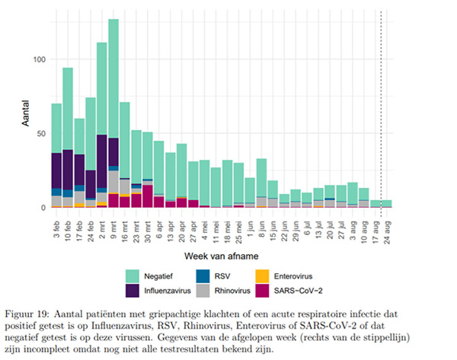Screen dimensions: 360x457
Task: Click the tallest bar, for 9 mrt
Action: [113, 114]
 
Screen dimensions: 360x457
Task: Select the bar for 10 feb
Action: [68, 137]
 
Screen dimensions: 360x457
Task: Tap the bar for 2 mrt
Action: [102, 126]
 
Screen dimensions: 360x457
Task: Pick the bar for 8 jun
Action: [261, 183]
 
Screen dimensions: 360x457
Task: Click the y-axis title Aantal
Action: [25, 123]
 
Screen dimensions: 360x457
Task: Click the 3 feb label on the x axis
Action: [57, 226]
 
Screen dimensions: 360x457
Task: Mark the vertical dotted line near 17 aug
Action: [381, 114]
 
